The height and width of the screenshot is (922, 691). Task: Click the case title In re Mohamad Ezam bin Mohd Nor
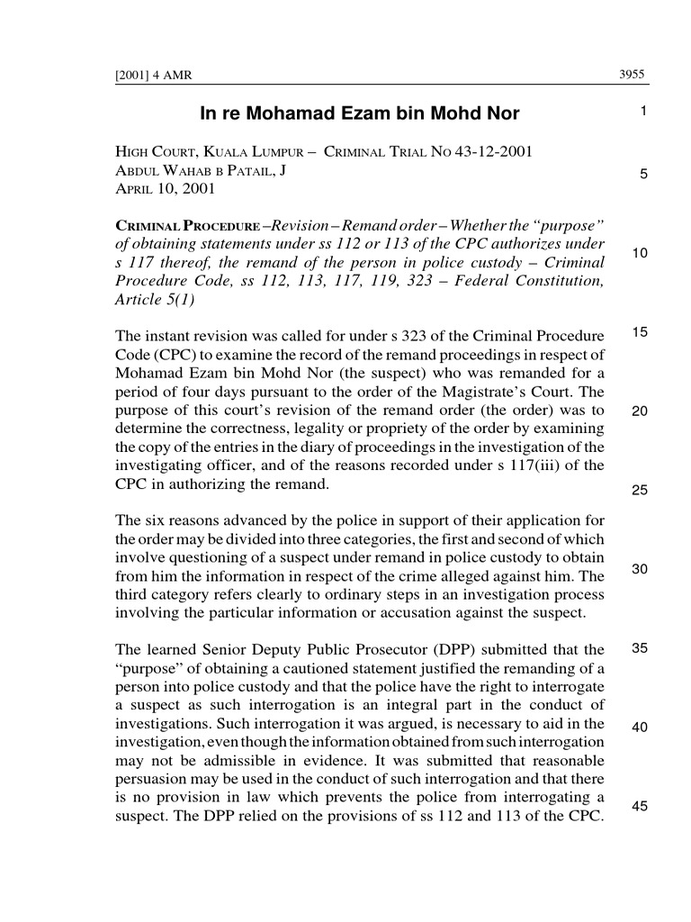pyautogui.click(x=359, y=114)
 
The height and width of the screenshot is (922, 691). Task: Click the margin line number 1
pyautogui.click(x=643, y=112)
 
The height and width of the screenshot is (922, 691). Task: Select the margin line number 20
pyautogui.click(x=640, y=411)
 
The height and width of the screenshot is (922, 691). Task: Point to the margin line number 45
pyautogui.click(x=640, y=806)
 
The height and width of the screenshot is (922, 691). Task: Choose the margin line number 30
pyautogui.click(x=640, y=569)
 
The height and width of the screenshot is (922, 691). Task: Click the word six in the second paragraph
pyautogui.click(x=157, y=522)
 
